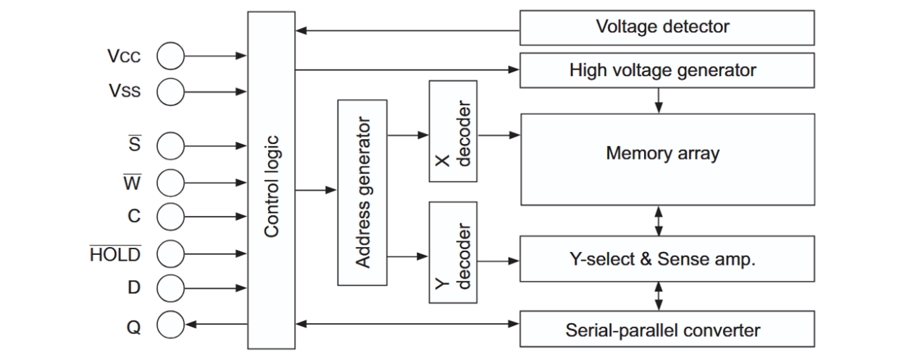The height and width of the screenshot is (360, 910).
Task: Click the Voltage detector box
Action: [x=662, y=28]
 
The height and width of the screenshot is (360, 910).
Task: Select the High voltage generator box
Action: [x=662, y=70]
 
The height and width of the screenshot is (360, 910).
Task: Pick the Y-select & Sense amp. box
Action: [x=662, y=259]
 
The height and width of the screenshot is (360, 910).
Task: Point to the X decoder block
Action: [x=453, y=131]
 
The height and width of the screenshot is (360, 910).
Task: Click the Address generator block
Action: [x=362, y=192]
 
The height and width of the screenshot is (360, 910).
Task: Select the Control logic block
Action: [x=271, y=180]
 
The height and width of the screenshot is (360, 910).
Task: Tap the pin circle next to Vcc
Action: [x=170, y=55]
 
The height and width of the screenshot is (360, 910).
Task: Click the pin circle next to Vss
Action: [x=170, y=91]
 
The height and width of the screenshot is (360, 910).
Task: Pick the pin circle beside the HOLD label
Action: [x=170, y=254]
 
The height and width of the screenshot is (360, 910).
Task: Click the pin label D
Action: [x=134, y=288]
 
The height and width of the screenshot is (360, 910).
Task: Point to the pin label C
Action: [x=134, y=216]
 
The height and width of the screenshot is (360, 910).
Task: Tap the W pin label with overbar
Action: [x=133, y=182]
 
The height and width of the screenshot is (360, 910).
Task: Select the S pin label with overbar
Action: [x=134, y=145]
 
